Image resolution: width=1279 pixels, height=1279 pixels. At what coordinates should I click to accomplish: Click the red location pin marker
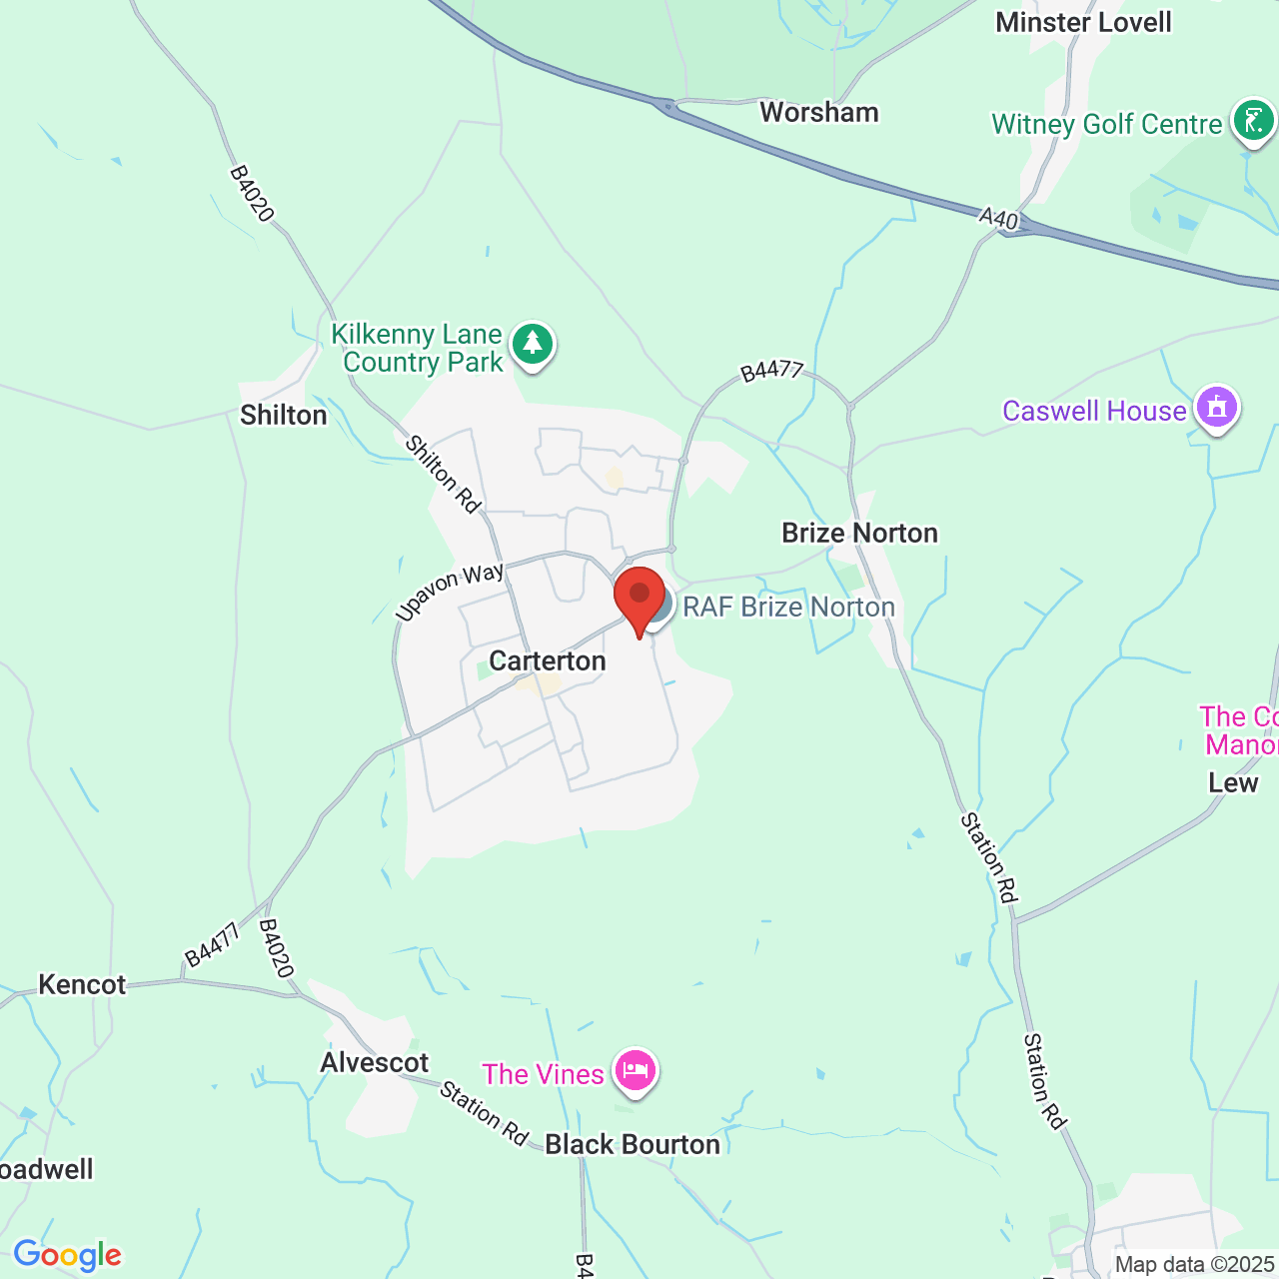(639, 599)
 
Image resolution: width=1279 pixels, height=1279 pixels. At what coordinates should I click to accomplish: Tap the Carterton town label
(548, 661)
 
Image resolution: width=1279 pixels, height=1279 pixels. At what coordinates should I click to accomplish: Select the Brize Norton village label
(859, 534)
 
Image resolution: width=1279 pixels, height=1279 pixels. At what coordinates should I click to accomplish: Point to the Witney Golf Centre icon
(1253, 122)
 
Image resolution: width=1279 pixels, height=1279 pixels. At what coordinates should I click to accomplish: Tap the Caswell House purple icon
(1217, 409)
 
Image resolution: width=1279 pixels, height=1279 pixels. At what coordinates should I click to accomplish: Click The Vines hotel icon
(636, 1072)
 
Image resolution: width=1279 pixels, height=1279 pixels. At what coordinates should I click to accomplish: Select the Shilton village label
(284, 416)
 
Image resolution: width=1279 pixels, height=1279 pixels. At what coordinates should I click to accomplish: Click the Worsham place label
(819, 113)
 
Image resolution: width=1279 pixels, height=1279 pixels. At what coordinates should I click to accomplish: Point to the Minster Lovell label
(1083, 22)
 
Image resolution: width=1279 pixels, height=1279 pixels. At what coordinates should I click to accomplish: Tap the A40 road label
(998, 219)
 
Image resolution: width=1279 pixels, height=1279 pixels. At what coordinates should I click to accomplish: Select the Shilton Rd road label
(443, 474)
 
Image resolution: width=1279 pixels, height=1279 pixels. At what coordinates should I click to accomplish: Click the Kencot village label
(82, 985)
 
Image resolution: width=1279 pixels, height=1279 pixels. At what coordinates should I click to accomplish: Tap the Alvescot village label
(375, 1062)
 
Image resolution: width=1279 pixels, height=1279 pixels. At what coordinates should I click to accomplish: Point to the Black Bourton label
(633, 1145)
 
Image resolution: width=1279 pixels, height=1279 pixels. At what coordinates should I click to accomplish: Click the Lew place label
(1233, 783)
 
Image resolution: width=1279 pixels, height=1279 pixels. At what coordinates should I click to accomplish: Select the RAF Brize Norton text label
(788, 608)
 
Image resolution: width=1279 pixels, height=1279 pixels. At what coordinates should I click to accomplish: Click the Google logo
(67, 1255)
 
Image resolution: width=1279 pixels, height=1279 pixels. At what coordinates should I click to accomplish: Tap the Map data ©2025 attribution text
(1195, 1265)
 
